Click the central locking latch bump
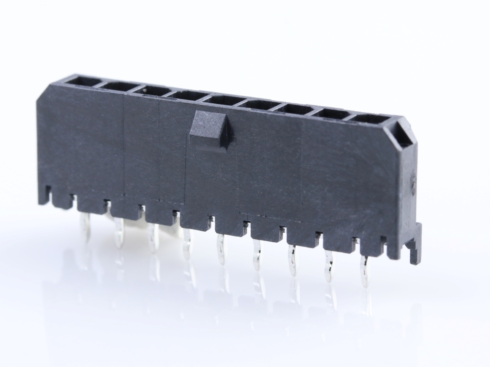[209, 129]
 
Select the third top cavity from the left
[152, 90]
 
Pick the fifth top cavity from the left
[223, 100]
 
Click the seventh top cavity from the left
[295, 109]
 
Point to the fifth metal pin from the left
[221, 250]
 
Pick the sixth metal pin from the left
[257, 255]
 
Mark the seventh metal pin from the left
[292, 261]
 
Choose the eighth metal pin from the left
[328, 267]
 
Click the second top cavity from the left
[117, 86]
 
